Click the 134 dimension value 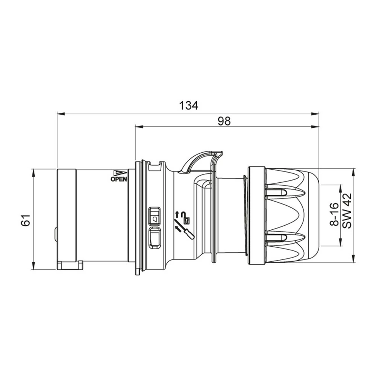189,106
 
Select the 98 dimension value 224,121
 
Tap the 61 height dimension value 26,220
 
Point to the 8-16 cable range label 334,214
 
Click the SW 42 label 347,211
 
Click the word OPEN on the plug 119,179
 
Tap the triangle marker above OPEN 120,173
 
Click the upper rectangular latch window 155,216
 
